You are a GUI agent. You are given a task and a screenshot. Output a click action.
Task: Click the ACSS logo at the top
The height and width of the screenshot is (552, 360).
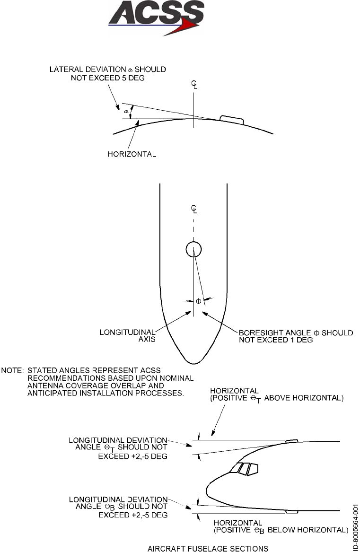157,18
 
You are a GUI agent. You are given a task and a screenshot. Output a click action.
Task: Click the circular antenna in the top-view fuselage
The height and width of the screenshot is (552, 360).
193,249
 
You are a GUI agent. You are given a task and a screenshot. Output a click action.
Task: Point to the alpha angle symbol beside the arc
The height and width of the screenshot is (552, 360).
126,111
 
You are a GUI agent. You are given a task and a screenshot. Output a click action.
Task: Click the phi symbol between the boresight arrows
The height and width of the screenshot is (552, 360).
199,301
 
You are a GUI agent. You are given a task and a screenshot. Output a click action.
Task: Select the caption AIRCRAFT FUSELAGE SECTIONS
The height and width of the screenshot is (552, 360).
208,548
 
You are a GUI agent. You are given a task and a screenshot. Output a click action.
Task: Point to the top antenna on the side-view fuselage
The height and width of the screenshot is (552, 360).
292,441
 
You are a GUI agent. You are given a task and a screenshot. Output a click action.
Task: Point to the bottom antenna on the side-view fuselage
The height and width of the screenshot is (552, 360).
292,511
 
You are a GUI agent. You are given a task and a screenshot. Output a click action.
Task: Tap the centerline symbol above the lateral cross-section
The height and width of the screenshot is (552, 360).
193,85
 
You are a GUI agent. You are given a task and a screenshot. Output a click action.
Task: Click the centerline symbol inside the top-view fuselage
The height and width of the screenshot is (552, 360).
193,209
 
